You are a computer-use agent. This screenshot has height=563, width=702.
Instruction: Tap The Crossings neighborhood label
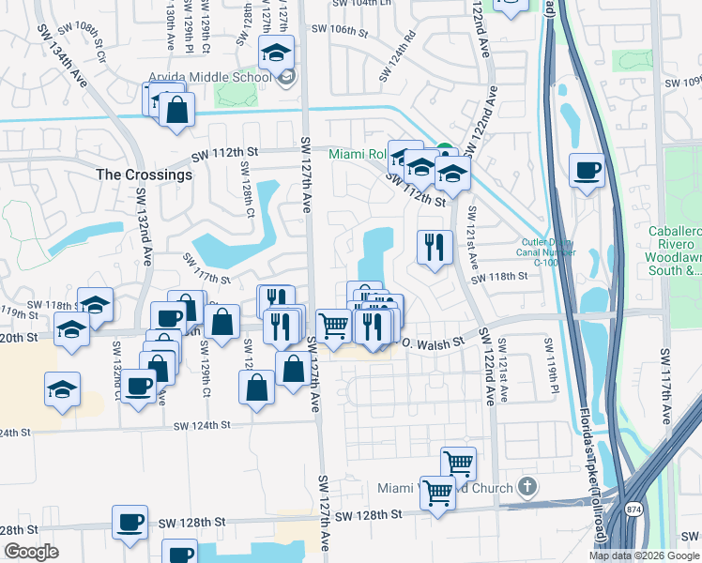pyautogui.click(x=144, y=175)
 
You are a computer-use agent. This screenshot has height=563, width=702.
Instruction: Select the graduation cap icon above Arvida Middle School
pyautogui.click(x=276, y=54)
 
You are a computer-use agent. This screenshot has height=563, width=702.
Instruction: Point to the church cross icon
pyautogui.click(x=528, y=487)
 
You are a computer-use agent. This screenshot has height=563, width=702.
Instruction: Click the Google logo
pyautogui.click(x=31, y=552)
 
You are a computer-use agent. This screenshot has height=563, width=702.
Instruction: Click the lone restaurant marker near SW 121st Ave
pyautogui.click(x=434, y=248)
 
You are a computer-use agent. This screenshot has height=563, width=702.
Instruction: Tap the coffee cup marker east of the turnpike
pyautogui.click(x=588, y=172)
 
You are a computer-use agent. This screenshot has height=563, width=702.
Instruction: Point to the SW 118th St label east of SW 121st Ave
pyautogui.click(x=500, y=278)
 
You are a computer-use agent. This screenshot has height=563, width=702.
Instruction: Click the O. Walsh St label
pyautogui.click(x=434, y=344)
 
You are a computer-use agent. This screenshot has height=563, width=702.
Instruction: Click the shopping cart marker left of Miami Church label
pyautogui.click(x=437, y=492)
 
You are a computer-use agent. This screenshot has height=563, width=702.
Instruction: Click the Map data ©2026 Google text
pyautogui.click(x=643, y=555)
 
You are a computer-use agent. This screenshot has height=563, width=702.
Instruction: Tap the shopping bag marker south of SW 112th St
pyautogui.click(x=176, y=111)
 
